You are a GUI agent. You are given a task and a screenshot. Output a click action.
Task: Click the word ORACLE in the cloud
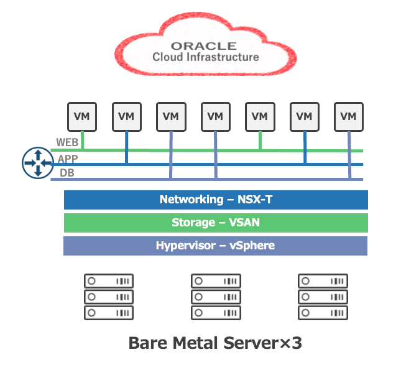coord(204,45)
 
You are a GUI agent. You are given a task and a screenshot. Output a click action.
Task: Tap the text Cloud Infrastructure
coord(206,57)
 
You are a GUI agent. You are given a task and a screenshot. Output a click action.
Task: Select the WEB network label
coord(67,142)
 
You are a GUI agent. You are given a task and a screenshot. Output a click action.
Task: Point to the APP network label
coord(68,159)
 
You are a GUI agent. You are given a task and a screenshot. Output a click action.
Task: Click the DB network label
coord(67,173)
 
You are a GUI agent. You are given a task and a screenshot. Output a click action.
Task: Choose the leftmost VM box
coord(81,116)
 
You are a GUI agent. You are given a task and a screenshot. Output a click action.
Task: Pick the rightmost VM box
coord(349,116)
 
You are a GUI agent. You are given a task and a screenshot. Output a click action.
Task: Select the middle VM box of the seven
coord(215,116)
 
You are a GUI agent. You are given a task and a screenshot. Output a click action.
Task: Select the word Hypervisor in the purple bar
coord(184,246)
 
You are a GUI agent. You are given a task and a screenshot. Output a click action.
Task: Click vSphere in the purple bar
coord(252,246)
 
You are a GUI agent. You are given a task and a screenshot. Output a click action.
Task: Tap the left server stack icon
coord(109,297)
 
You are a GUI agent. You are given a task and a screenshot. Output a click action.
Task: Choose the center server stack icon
coord(215,297)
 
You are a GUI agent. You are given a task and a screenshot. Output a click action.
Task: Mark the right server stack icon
coord(321,297)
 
